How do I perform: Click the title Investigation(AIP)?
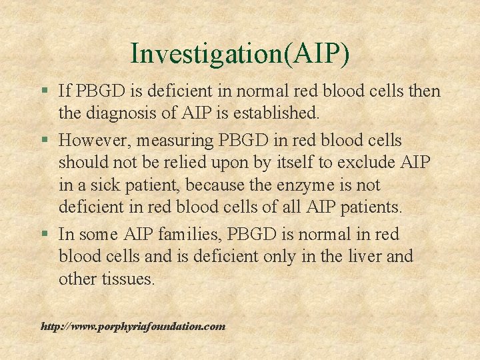[240, 53]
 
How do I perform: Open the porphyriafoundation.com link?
[133, 327]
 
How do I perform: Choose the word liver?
[360, 256]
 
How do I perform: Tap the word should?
[81, 162]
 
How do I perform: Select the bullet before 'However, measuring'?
[44, 141]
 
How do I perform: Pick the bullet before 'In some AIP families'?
[44, 234]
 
